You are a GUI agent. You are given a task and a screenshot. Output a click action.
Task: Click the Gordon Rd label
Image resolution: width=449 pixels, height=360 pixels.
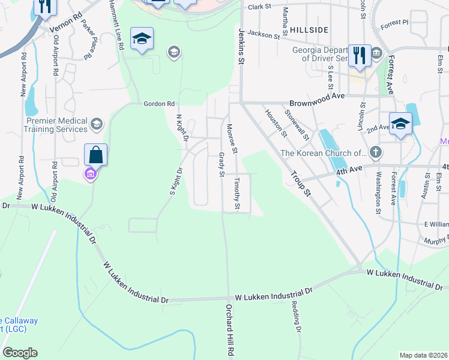pyautogui.click(x=158, y=103)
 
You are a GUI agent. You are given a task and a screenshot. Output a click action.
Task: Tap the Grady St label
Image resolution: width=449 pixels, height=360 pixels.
pyautogui.click(x=221, y=164)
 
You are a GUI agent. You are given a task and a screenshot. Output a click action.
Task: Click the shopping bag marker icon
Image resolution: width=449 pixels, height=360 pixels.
pyautogui.click(x=95, y=155)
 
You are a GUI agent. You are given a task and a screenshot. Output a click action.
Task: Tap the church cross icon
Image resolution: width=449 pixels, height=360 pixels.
pyautogui.click(x=376, y=152)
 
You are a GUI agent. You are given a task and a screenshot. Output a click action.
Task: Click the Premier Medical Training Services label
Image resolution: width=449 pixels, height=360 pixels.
pyautogui.click(x=57, y=125)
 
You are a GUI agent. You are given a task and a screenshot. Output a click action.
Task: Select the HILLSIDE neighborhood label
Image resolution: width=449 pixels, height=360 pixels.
pyautogui.click(x=309, y=29)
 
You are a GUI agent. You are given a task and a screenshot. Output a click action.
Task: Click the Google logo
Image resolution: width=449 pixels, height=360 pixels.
pyautogui.click(x=20, y=353)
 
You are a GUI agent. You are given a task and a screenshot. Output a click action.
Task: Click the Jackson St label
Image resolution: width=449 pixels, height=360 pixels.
pyautogui.click(x=264, y=35)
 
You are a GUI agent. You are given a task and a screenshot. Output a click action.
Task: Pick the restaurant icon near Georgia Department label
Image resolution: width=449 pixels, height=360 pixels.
pyautogui.click(x=360, y=55)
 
